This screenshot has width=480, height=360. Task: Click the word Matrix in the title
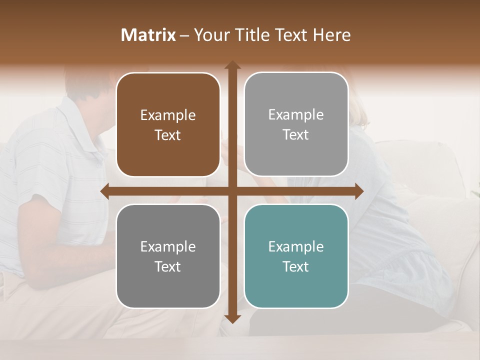(148, 35)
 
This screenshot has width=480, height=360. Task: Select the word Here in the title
(331, 35)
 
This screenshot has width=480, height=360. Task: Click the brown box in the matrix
(168, 124)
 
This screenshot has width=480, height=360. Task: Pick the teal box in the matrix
(296, 256)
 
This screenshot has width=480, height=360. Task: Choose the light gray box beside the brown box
(296, 124)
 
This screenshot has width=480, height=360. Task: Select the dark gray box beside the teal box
(168, 256)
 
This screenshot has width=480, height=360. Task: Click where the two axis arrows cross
(232, 191)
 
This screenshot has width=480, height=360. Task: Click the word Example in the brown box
(168, 115)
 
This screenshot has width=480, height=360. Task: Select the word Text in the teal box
(296, 266)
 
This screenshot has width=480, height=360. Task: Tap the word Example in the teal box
(296, 246)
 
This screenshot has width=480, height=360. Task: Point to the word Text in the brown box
(168, 135)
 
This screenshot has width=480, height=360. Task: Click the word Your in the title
(212, 35)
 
